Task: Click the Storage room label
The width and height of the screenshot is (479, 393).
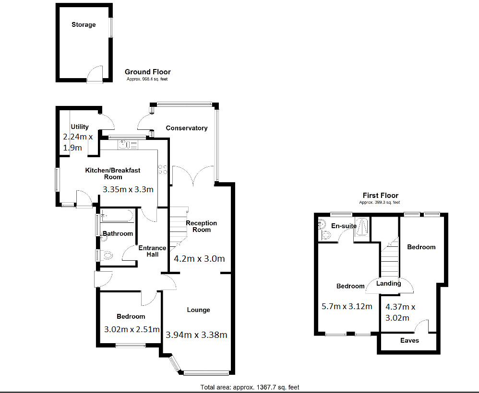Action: click(84, 24)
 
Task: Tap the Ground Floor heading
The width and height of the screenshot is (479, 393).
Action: click(147, 72)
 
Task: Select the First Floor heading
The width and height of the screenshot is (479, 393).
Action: click(380, 196)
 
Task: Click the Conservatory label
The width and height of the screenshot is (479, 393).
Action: click(186, 128)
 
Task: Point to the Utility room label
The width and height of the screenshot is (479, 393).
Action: click(80, 127)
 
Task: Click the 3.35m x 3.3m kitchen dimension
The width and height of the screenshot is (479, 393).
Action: click(128, 189)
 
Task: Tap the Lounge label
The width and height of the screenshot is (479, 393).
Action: click(198, 310)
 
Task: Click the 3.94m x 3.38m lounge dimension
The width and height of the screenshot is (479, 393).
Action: click(196, 335)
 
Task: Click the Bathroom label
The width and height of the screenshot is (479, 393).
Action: click(118, 233)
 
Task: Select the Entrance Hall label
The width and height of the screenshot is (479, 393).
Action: click(152, 251)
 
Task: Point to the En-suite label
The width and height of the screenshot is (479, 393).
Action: click(344, 226)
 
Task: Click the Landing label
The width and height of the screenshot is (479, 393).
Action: click(388, 283)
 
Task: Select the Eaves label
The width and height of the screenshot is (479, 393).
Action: click(409, 340)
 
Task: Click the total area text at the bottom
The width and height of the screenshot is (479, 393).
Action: click(250, 387)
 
